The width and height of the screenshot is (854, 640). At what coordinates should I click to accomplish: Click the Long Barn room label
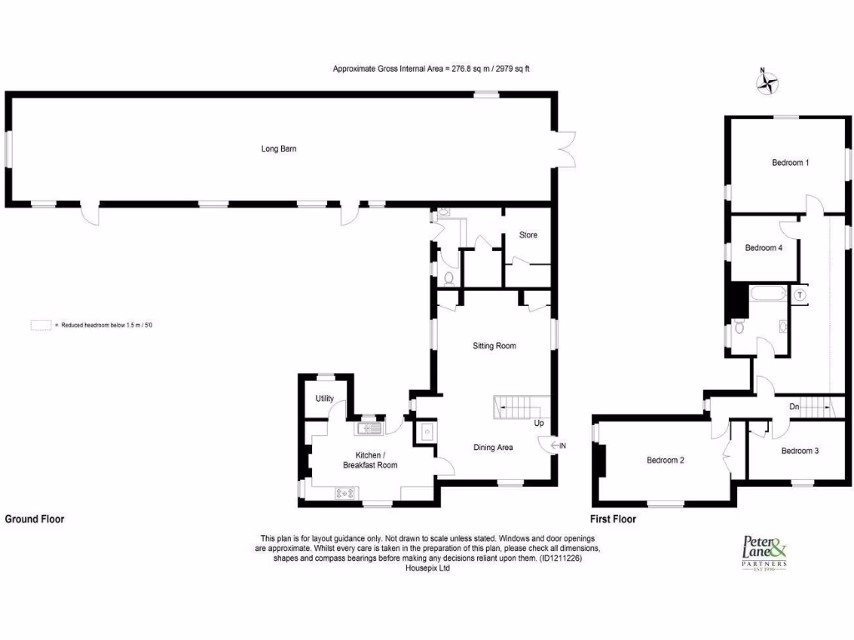[x=279, y=149]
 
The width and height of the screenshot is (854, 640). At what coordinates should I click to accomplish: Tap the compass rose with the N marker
[x=766, y=82]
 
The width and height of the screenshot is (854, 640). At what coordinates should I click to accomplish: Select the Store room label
[x=528, y=235]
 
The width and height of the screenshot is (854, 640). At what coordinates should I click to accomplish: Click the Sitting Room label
[x=495, y=345]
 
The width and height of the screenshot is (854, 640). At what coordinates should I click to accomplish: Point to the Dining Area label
[x=493, y=447]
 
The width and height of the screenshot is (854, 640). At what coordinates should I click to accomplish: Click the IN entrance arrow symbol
[x=558, y=447]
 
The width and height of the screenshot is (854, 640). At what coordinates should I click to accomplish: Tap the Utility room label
[x=324, y=398]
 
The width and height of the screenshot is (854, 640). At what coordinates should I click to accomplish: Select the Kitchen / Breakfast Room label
[x=369, y=460]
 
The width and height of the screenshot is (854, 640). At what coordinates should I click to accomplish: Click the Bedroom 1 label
[x=790, y=162]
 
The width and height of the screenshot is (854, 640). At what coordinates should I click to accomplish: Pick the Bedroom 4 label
[x=764, y=247]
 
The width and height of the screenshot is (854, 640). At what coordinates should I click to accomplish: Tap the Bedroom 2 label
[x=666, y=460]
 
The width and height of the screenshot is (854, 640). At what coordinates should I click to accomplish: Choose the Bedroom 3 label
[x=800, y=451]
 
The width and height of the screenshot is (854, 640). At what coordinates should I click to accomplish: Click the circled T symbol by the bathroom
[x=799, y=294]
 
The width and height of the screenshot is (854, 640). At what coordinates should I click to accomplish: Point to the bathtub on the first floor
[x=767, y=293]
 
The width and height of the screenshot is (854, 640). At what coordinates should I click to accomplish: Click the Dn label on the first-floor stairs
[x=795, y=407]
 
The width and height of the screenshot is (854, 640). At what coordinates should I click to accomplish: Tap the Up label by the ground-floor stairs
[x=539, y=423]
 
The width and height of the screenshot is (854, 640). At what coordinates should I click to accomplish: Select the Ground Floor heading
[x=34, y=518]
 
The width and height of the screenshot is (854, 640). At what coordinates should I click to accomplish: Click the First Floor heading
[x=613, y=518]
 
